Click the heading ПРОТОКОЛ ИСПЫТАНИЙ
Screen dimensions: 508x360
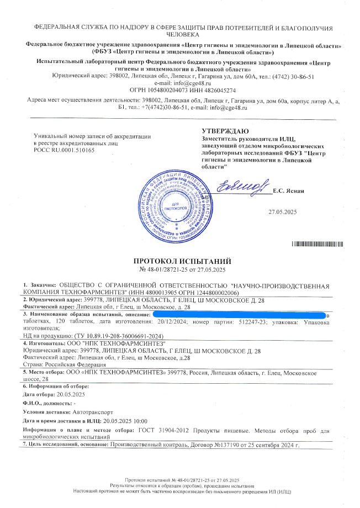[x=181, y=261]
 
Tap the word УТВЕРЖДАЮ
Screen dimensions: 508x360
[x=220, y=130]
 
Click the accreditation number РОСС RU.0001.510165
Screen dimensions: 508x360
[x=65, y=150]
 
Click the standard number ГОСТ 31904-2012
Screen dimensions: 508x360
[x=161, y=430]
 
